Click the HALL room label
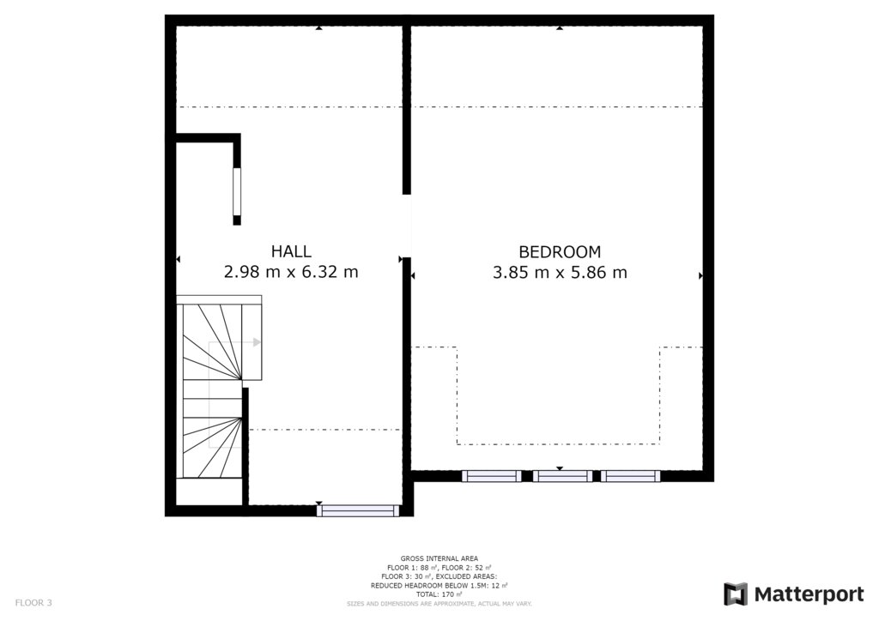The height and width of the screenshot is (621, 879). [x=291, y=251]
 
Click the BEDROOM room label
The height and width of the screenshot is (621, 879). [x=560, y=252]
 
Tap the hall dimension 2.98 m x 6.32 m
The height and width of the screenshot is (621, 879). [x=291, y=272]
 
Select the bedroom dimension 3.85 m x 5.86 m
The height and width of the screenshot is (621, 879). [x=560, y=273]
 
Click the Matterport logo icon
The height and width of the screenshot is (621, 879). [x=736, y=594]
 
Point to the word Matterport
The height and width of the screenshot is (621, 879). [x=809, y=594]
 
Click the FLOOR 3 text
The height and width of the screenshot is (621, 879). [x=33, y=603]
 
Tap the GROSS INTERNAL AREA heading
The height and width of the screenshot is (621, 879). [x=439, y=558]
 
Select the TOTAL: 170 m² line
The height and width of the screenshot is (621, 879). [x=439, y=594]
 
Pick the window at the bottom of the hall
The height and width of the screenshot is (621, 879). [x=358, y=510]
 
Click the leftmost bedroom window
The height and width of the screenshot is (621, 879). [x=492, y=477]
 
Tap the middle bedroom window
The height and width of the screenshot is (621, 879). [x=562, y=477]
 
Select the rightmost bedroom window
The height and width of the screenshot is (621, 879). [x=631, y=477]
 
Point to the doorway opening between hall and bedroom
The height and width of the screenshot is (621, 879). [x=407, y=226]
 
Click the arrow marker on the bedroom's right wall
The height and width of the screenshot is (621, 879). [x=700, y=275]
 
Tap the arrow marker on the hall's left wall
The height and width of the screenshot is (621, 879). [x=179, y=259]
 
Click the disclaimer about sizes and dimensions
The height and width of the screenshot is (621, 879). [x=439, y=604]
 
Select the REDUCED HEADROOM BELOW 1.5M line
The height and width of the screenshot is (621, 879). [x=439, y=586]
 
